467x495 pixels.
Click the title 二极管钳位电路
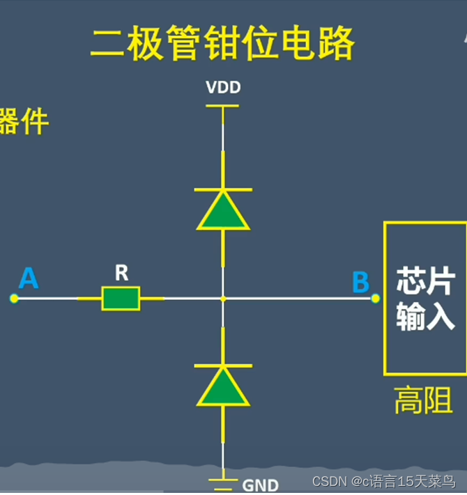tap(222, 45)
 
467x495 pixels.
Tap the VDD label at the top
tap(223, 88)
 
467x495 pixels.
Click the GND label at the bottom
tap(260, 485)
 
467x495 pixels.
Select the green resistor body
tap(121, 298)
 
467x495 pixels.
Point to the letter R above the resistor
tap(121, 273)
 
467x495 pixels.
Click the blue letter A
tap(29, 278)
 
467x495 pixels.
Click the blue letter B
tap(360, 283)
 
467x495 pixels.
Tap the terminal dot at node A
tap(14, 298)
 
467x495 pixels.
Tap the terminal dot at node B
tap(376, 299)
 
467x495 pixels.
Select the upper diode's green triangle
tap(223, 212)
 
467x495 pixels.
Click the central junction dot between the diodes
tap(223, 299)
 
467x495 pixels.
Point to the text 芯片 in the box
tap(425, 283)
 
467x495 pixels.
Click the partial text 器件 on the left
tap(24, 122)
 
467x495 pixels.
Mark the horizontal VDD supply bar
tap(223, 106)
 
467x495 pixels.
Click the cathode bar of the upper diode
tap(223, 189)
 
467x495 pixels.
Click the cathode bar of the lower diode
tap(223, 365)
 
